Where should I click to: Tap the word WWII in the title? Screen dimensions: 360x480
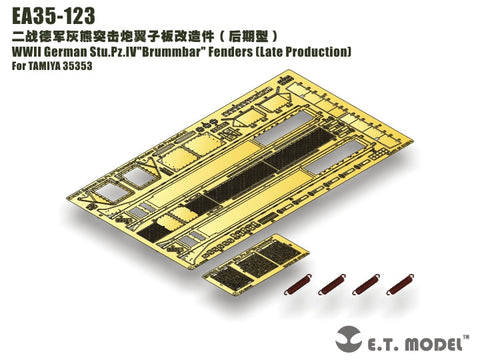tap(21, 50)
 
